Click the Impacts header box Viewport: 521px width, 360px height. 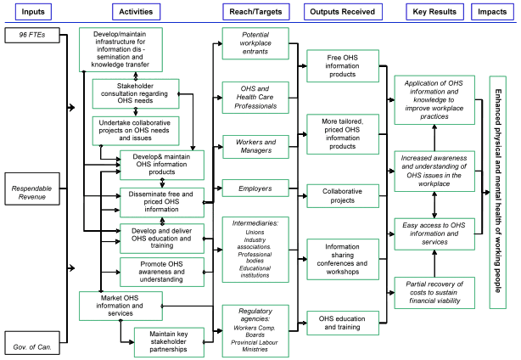click(493, 11)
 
